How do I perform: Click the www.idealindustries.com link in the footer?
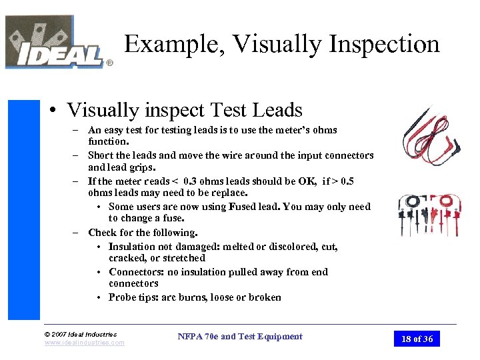[x=84, y=343]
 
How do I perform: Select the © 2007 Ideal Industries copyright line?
[x=80, y=334]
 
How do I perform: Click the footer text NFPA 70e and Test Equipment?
[x=240, y=337]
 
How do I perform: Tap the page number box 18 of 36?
[x=417, y=339]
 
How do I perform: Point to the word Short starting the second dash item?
[x=101, y=155]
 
